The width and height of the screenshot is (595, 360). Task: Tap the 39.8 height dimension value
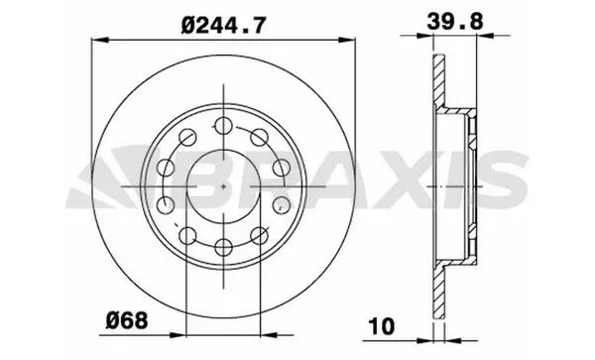pos(455,21)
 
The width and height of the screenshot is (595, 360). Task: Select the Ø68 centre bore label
pos(127,321)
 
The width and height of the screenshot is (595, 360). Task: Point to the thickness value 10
pos(382,326)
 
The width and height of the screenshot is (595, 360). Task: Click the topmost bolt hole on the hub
pos(223,126)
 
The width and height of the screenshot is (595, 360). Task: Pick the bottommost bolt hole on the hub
pos(223,247)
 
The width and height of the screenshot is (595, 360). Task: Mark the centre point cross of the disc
pos(223,186)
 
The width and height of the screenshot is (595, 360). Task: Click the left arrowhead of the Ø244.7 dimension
pos(100,40)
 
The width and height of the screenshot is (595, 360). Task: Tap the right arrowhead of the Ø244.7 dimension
pos(346,40)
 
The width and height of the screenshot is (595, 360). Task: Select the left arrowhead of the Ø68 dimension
pos(178,335)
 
